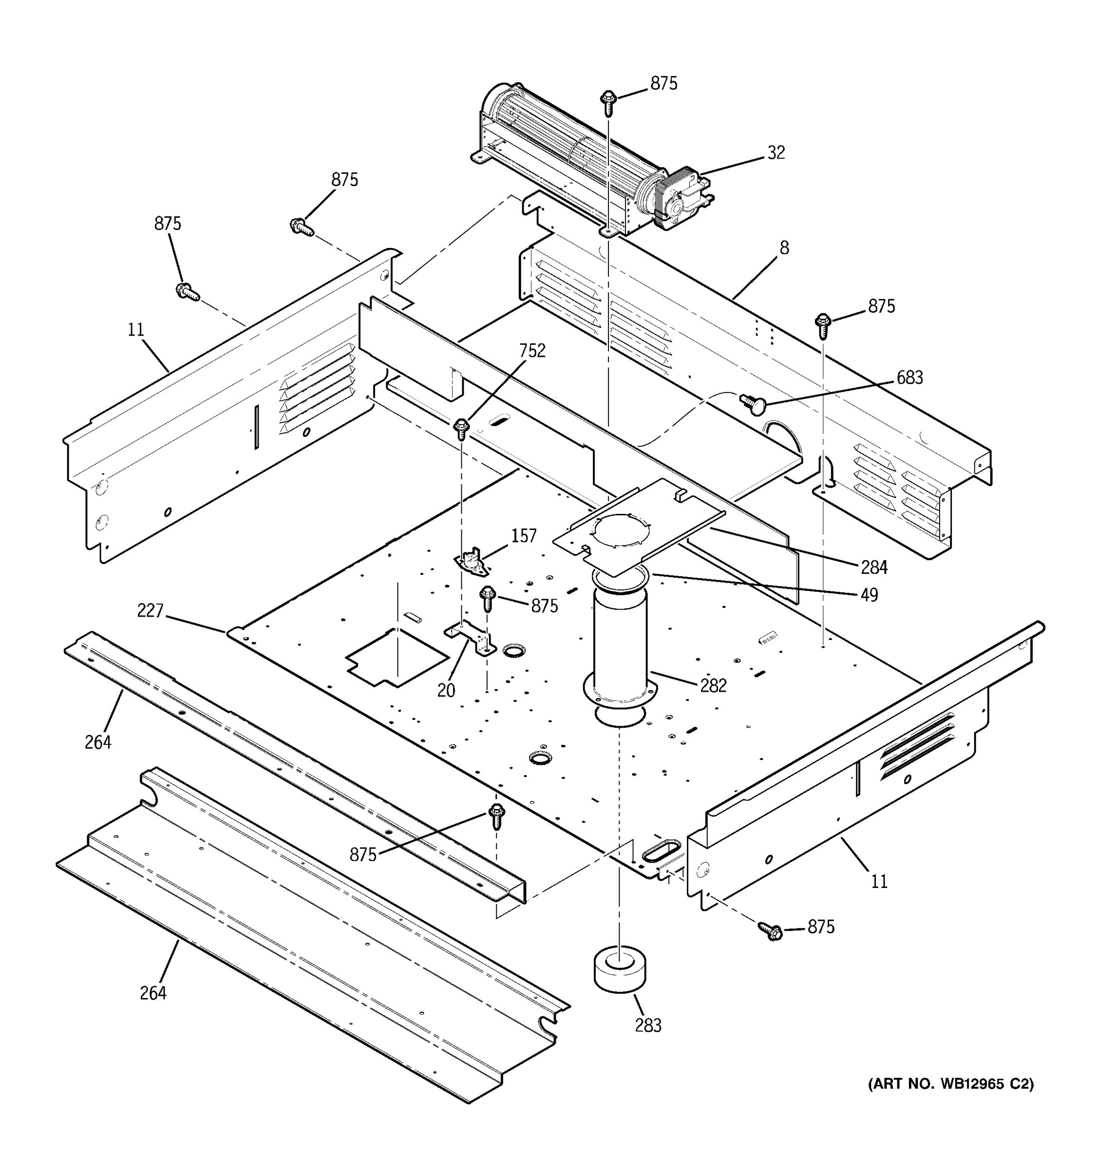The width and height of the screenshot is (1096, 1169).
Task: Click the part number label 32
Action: click(776, 153)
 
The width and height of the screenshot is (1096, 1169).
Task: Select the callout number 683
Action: click(909, 377)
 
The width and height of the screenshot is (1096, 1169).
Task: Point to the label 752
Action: click(532, 351)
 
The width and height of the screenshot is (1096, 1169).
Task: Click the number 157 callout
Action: click(523, 536)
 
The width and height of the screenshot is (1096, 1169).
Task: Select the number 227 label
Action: click(150, 611)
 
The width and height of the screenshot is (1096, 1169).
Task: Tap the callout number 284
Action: click(874, 567)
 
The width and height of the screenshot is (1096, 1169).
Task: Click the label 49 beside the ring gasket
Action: click(869, 595)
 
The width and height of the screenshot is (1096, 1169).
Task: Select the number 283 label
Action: click(648, 1025)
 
